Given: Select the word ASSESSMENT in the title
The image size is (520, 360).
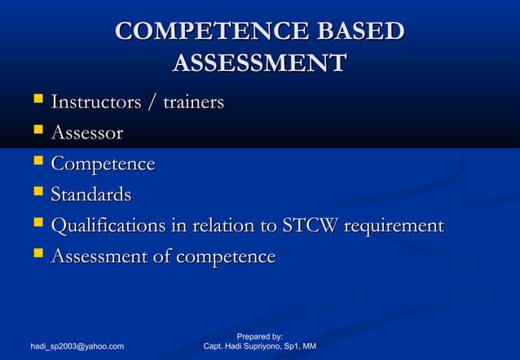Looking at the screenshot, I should coord(260,63).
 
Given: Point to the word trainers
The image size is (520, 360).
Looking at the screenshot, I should coord(193,103).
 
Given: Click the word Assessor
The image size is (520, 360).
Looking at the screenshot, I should coord(87,133).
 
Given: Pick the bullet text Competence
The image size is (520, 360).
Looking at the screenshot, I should coord(103,164).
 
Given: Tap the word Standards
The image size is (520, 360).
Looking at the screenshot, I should coord(91,195).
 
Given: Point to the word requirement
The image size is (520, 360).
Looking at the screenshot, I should coord(395,226).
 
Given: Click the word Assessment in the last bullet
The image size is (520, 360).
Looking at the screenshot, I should coord(102,257).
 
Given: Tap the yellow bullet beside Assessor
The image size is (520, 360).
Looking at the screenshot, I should coord(36,131).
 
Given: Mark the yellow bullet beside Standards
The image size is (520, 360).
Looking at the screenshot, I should coord(36,193).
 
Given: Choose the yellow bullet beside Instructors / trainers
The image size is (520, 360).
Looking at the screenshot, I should coord(36,101).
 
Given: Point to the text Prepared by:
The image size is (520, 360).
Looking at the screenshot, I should coord(260,336).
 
